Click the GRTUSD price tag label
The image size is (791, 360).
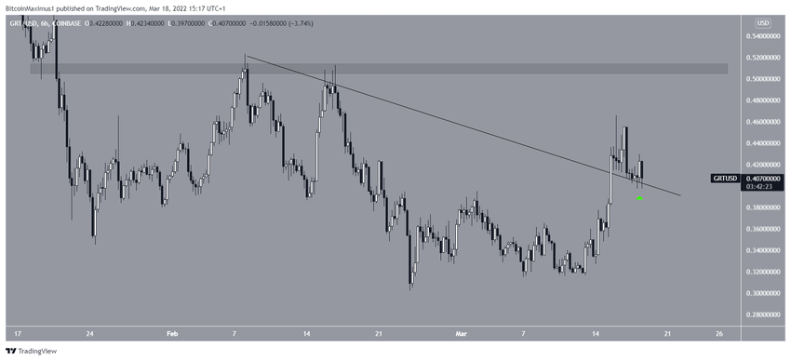(726, 177)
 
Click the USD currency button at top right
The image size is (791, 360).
(763, 22)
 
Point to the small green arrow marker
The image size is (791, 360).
(640, 197)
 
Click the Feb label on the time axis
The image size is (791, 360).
(171, 333)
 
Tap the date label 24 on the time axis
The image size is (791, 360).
(89, 333)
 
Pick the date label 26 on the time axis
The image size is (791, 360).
(719, 333)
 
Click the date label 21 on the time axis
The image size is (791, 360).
(379, 333)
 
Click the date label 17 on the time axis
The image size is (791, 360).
(19, 333)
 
